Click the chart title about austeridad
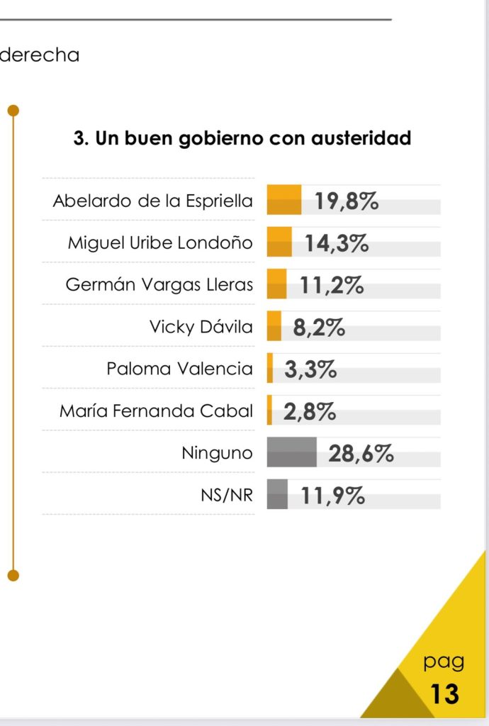pos(242,138)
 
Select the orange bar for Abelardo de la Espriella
pos(284,200)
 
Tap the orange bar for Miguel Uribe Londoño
pos(279,242)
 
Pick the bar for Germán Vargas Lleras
pos(276,284)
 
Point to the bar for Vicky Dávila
pos(274,327)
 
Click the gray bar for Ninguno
pos(291,452)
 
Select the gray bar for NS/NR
pos(277,494)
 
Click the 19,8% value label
pos(347,201)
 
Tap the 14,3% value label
pos(337,243)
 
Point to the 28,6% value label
pos(361,453)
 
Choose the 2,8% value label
pos(310,411)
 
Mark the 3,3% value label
pos(310,369)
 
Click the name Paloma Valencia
pos(179,369)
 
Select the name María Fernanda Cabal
pos(156,411)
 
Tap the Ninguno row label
pos(217,453)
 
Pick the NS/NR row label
pos(227,496)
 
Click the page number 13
pos(444,693)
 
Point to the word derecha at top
pos(40,55)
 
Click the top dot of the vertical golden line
pos(13,111)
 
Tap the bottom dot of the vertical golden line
pos(13,575)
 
